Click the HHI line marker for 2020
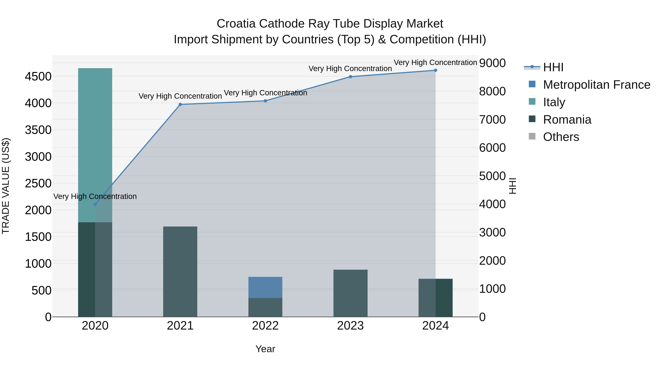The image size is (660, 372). click(95, 204)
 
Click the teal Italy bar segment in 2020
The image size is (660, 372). click(95, 144)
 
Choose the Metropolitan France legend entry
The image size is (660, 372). click(596, 85)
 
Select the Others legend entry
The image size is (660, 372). click(561, 137)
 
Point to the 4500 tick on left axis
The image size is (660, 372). click(38, 76)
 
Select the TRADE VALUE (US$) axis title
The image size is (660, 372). click(6, 186)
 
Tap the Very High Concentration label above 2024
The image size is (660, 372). click(435, 62)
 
